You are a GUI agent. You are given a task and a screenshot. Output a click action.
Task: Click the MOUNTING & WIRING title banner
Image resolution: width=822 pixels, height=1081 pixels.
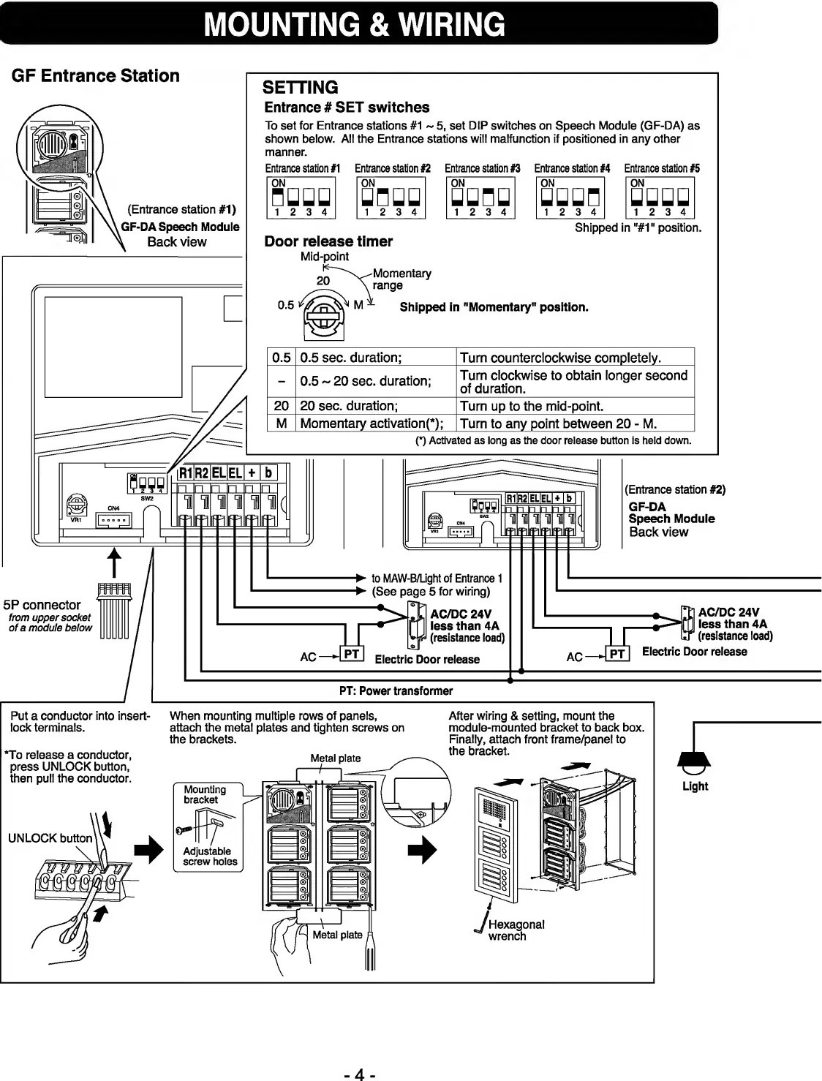358,24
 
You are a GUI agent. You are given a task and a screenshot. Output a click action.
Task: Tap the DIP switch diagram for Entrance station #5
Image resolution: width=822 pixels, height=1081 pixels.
660,197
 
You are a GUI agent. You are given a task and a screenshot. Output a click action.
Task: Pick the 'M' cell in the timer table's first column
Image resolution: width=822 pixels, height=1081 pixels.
282,423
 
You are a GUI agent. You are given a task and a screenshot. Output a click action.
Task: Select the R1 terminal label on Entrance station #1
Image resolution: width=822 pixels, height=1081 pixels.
186,473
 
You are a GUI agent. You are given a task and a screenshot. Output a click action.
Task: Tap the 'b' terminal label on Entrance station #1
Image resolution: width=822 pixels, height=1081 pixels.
268,473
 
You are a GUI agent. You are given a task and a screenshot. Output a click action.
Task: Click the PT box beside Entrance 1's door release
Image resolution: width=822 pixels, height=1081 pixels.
352,654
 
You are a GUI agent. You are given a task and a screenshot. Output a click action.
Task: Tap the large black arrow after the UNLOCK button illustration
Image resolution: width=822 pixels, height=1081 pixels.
148,850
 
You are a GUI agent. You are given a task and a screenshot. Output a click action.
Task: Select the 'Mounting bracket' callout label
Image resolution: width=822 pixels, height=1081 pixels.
205,794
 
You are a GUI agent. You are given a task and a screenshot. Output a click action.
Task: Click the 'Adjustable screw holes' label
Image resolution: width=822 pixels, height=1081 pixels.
207,856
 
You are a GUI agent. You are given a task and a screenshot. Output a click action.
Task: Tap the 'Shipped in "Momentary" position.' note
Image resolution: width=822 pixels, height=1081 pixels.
494,307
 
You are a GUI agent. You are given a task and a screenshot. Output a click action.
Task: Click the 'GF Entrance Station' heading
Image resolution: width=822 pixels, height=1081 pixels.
96,76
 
